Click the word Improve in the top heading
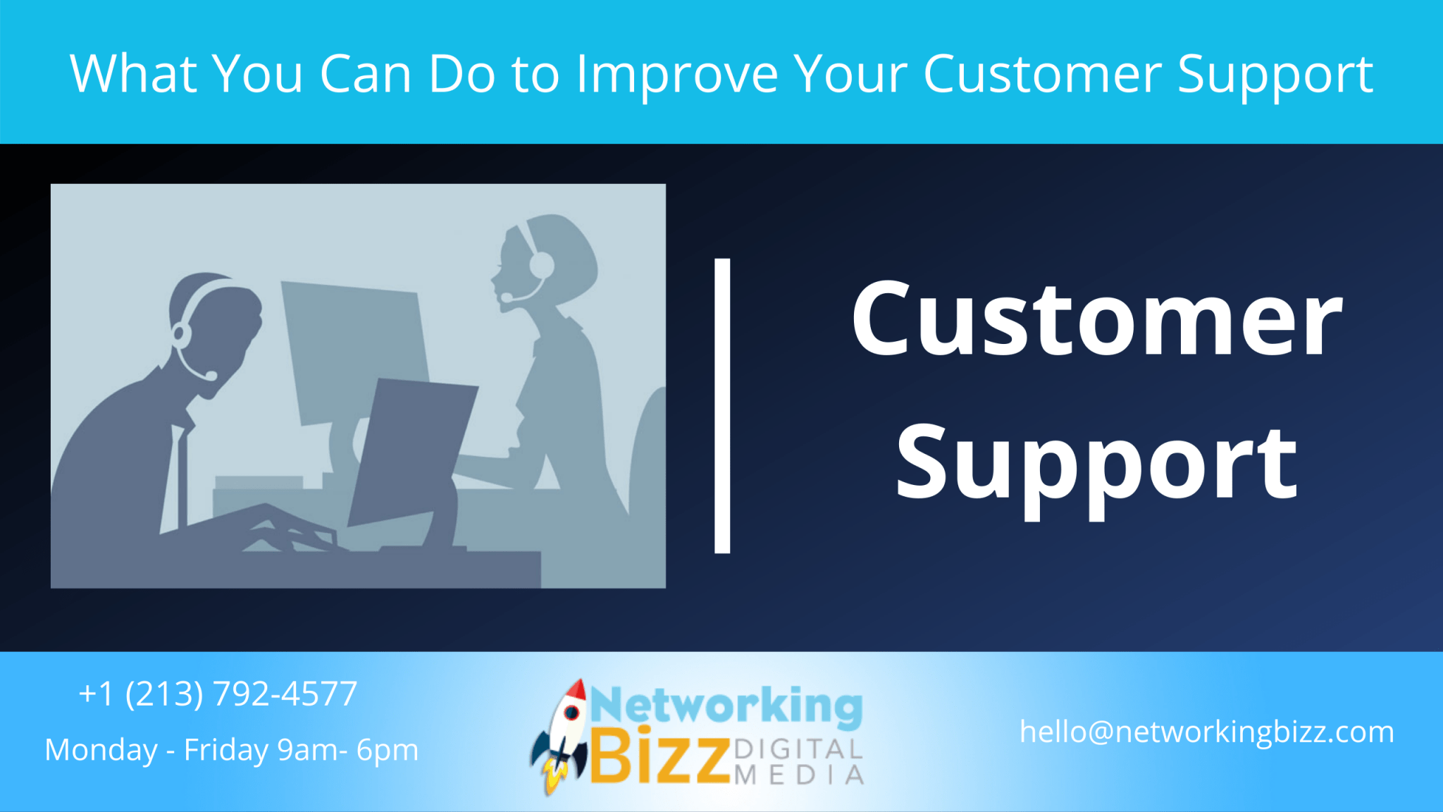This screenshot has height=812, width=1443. [x=677, y=74]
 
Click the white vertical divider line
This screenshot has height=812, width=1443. [x=722, y=405]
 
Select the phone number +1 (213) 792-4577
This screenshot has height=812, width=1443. [x=218, y=694]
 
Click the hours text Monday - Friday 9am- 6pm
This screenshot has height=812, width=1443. [x=231, y=750]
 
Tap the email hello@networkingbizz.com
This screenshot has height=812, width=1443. [x=1206, y=732]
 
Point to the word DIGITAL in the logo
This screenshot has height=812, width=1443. [x=798, y=749]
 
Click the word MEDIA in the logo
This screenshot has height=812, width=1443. [x=798, y=775]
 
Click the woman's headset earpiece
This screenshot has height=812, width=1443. [x=541, y=266]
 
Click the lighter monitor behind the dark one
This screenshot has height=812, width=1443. [x=352, y=338]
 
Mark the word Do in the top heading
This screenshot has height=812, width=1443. [x=462, y=73]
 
